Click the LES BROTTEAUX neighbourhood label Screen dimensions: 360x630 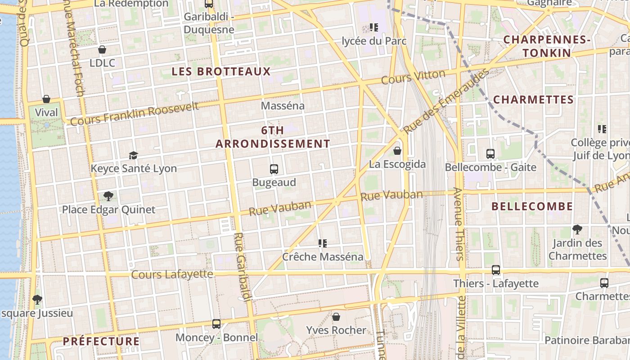[x=221, y=72]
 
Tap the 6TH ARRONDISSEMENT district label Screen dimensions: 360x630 [x=273, y=137]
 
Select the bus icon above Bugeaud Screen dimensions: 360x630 [x=274, y=169]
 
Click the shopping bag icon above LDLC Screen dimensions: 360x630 [x=102, y=49]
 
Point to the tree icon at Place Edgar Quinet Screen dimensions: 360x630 [x=108, y=196]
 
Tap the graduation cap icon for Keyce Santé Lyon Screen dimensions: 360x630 [x=133, y=155]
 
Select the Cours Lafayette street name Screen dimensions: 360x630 [x=172, y=274]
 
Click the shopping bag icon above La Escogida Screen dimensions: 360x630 [x=397, y=151]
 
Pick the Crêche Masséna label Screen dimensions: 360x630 [x=322, y=256]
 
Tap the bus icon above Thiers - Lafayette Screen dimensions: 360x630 [x=495, y=270]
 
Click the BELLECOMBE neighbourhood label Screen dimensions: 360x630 [x=532, y=207]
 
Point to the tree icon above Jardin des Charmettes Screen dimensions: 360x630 [x=577, y=229]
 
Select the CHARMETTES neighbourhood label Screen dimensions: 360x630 [x=533, y=99]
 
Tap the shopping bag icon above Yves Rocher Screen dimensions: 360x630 [x=336, y=317]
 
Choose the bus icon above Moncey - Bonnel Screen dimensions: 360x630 [x=216, y=324]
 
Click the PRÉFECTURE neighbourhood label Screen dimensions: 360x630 [x=101, y=341]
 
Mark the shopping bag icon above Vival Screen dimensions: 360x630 [x=46, y=99]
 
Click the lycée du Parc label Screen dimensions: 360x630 [x=374, y=41]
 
